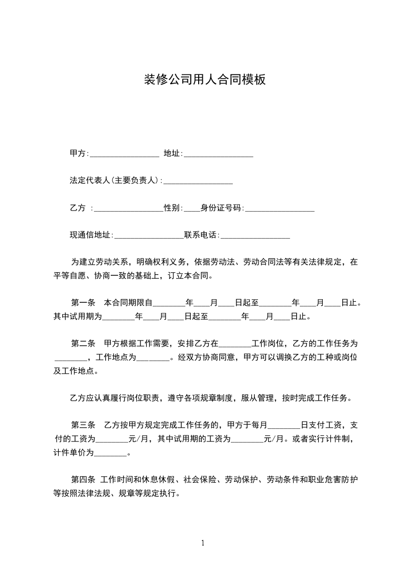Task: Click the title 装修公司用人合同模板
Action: pos(204,80)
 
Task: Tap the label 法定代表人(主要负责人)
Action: pos(115,180)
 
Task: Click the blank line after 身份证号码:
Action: pos(279,209)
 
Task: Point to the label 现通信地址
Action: pos(90,235)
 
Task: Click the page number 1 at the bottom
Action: pos(203,543)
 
